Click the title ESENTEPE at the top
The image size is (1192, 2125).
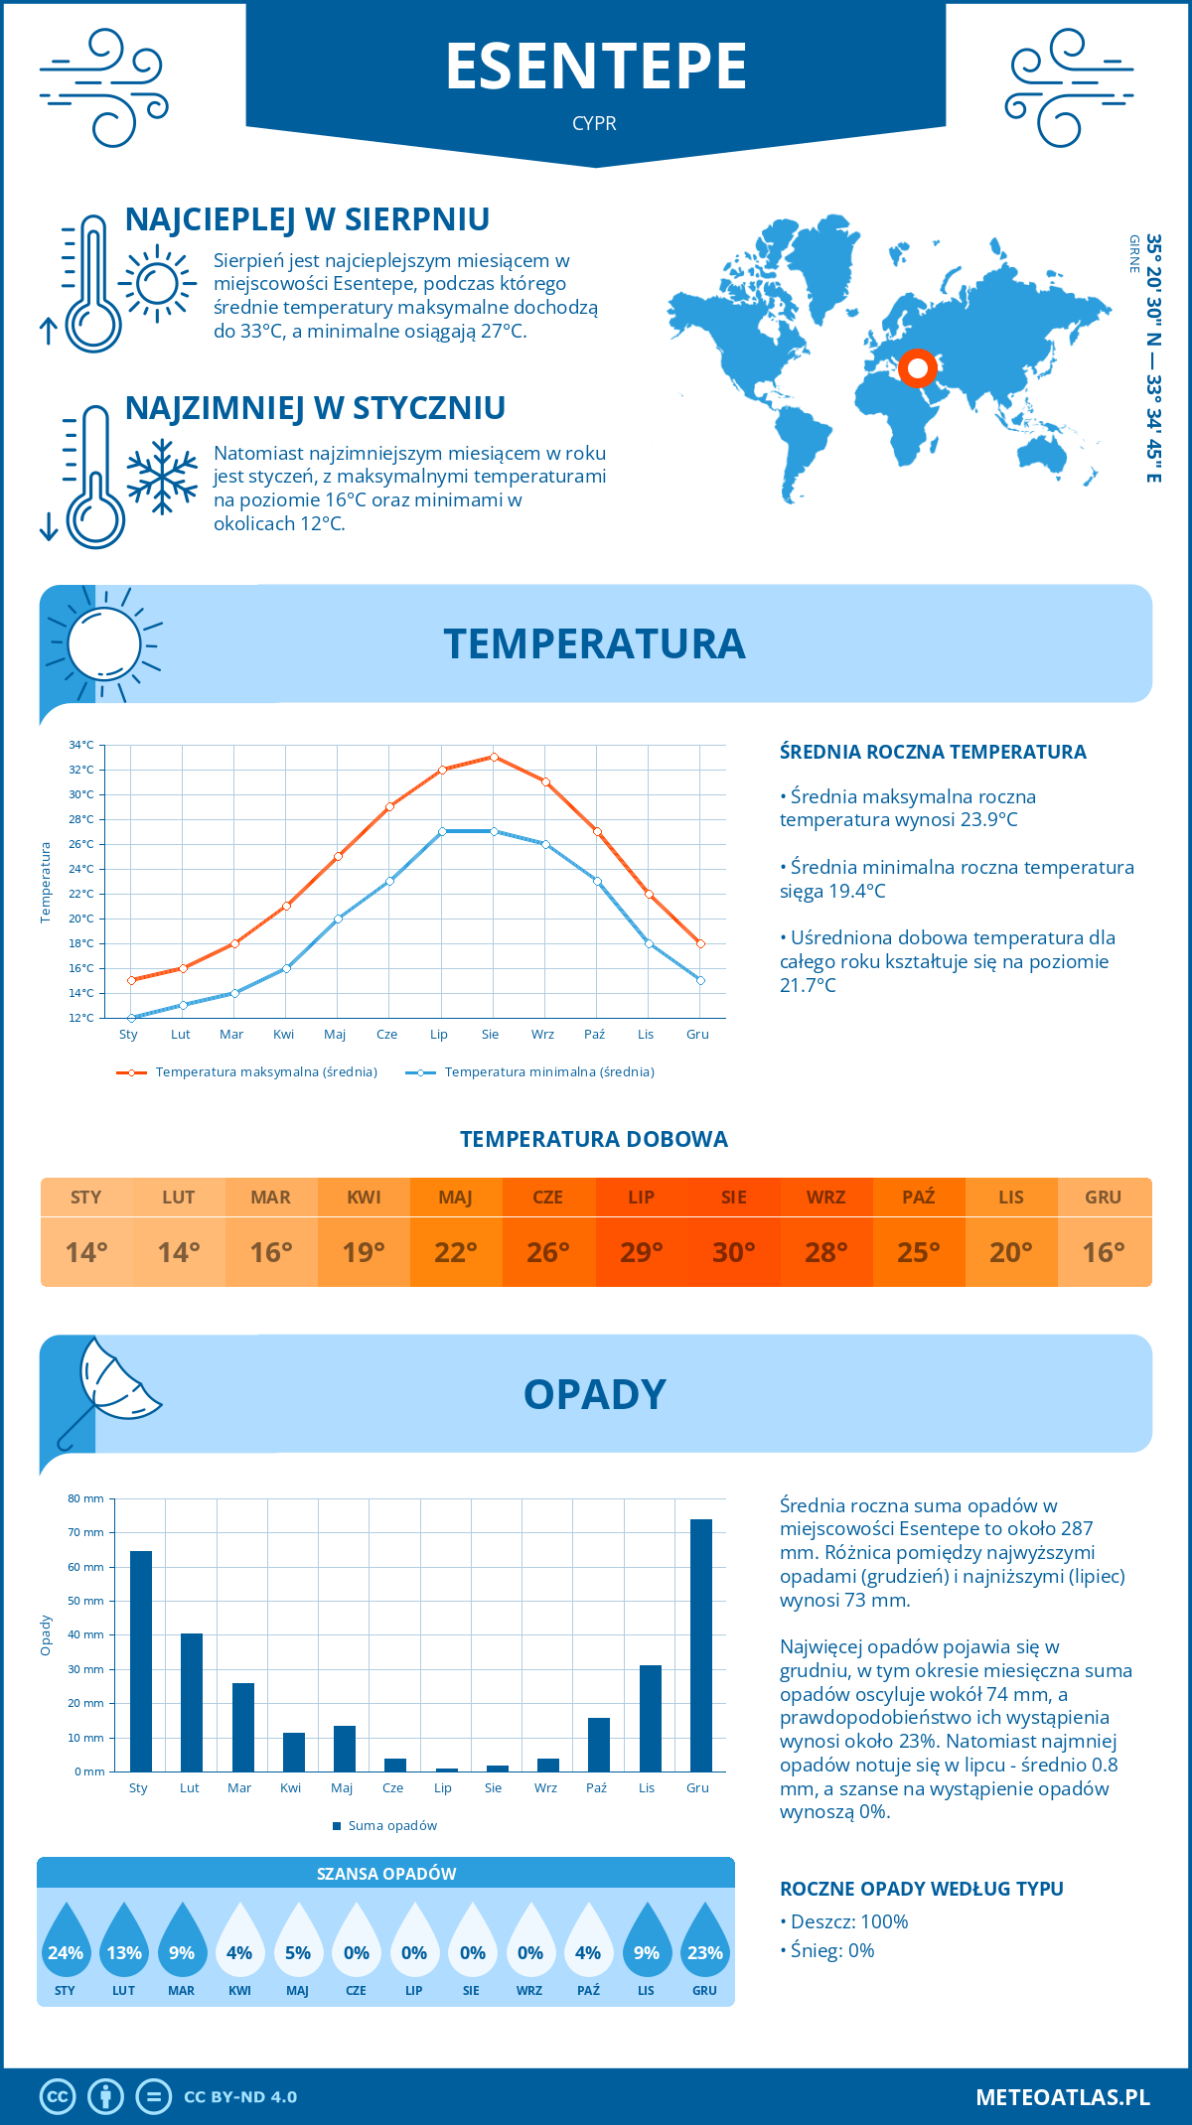coord(595,67)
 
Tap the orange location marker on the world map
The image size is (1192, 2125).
coord(918,368)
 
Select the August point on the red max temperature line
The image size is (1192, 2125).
coord(494,757)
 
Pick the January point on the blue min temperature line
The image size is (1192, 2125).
coord(131,1018)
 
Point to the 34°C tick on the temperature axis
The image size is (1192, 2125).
coord(81,745)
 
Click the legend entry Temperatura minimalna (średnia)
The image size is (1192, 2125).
coord(548,1072)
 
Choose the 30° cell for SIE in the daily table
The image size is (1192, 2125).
coord(733,1252)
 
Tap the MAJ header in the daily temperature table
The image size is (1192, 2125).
coord(456,1198)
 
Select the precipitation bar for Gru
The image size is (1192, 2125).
coord(700,1645)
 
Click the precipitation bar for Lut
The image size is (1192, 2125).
coord(192,1702)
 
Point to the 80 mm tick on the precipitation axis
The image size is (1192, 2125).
coord(85,1498)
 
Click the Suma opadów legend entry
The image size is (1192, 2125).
coord(391,1826)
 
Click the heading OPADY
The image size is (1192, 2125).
coord(594,1394)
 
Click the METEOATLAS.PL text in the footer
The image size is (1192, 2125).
coord(1062,2097)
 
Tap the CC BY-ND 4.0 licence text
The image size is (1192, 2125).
coord(240,2097)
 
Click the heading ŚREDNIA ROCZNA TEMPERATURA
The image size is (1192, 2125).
coord(933,752)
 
